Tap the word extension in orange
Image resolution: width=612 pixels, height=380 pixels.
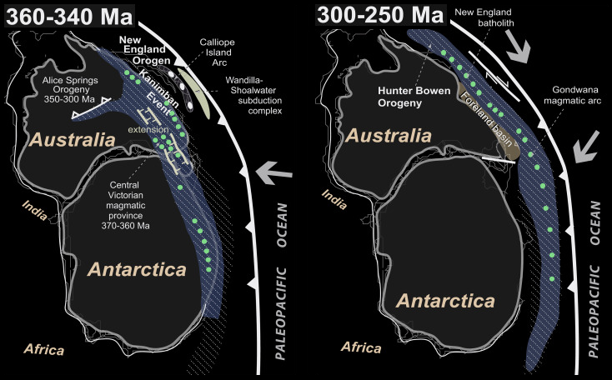pyautogui.click(x=142, y=131)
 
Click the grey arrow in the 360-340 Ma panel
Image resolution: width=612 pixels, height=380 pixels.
pyautogui.click(x=273, y=174)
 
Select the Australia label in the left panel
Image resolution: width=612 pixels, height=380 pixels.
pyautogui.click(x=71, y=140)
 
